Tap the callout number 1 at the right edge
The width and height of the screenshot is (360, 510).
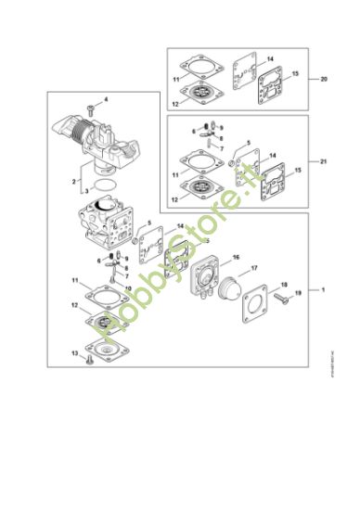click(x=324, y=290)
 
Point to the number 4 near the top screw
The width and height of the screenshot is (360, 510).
click(x=105, y=99)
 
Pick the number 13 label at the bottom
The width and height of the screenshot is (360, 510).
click(x=74, y=353)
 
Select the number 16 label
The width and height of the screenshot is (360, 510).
click(x=237, y=257)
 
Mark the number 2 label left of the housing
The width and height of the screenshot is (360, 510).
click(x=74, y=182)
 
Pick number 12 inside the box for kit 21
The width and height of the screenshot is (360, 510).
click(x=174, y=198)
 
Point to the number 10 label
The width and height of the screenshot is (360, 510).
click(x=127, y=288)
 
